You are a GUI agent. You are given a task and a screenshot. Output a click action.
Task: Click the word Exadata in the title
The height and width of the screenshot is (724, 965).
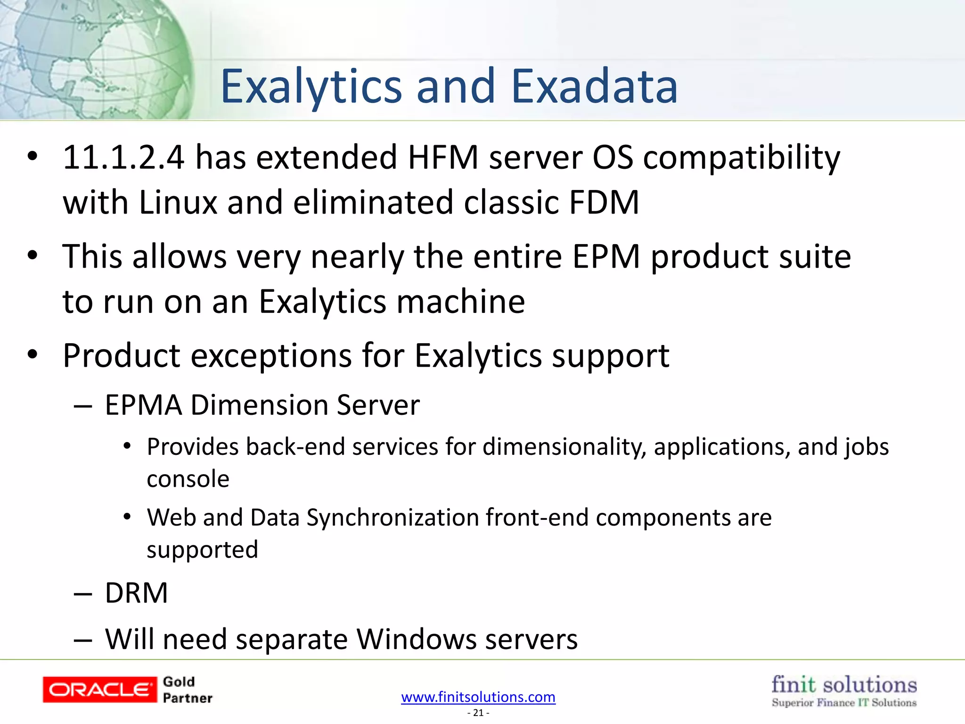(x=594, y=87)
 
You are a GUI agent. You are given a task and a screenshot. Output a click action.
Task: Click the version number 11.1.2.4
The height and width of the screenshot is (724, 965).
(x=123, y=157)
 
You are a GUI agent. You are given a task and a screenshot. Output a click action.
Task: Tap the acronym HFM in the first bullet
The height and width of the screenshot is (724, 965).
(x=443, y=157)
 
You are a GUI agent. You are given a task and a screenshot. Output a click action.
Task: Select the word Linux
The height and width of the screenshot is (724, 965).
(x=178, y=203)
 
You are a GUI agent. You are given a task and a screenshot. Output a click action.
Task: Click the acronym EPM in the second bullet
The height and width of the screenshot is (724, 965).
(x=606, y=257)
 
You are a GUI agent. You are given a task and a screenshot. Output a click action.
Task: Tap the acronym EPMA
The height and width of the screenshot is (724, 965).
(x=143, y=405)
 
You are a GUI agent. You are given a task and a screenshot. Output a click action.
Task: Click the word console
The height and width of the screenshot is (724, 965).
(x=188, y=479)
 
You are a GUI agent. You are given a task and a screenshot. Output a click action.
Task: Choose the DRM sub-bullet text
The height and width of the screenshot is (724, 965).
(x=136, y=593)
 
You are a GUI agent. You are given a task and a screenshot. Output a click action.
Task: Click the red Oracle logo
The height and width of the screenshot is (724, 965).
(x=99, y=690)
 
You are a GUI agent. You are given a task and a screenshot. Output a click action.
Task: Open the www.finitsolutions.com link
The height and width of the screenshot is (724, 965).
(x=478, y=697)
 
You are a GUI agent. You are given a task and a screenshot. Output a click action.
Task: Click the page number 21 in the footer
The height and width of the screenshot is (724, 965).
(x=478, y=713)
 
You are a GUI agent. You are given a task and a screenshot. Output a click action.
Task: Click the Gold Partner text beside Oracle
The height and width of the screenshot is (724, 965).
(x=187, y=690)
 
